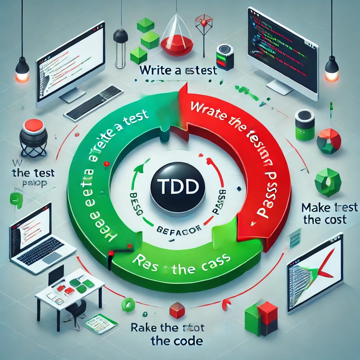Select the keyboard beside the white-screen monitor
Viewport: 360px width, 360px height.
coord(93,103)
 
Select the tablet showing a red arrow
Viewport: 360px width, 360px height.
coord(315,272)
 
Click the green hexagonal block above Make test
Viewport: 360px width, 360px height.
coord(327,182)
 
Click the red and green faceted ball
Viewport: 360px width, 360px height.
coord(329,141)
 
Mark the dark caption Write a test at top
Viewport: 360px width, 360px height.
coord(178,70)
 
